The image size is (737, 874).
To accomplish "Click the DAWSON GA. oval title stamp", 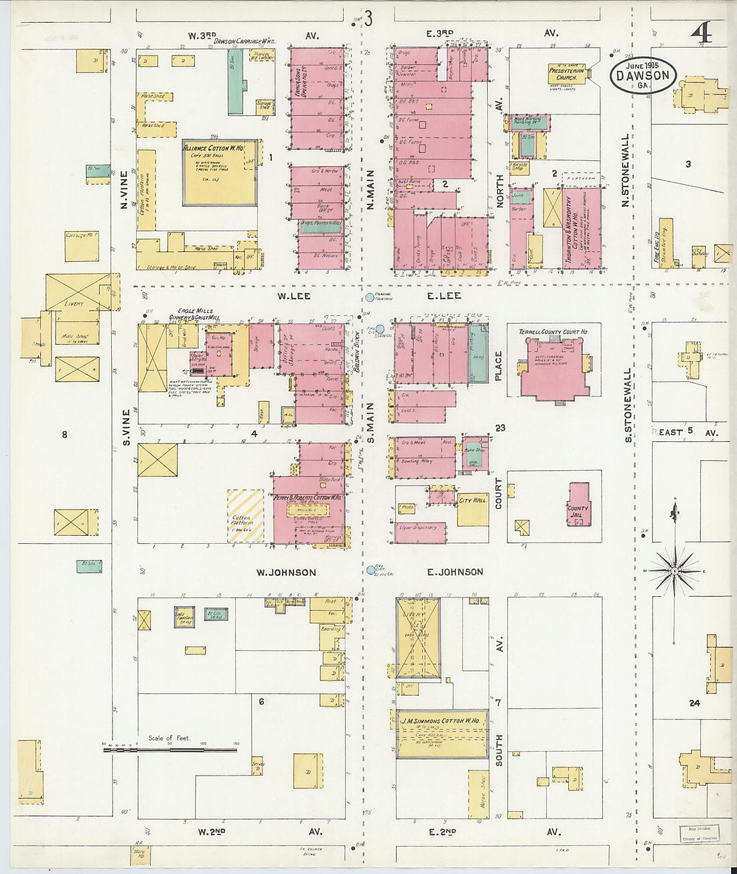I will click(643, 74).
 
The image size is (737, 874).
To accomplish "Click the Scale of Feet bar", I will click(170, 749).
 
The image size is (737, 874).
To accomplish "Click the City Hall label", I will click(473, 500).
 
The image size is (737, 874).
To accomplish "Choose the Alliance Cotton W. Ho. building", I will click(220, 172).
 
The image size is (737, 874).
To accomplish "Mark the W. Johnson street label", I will click(286, 572).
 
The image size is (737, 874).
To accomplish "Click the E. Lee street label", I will click(444, 295).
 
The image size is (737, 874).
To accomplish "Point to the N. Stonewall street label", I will click(625, 170).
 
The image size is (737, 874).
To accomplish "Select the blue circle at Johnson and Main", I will click(371, 571).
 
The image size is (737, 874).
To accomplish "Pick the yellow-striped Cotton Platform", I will click(245, 516).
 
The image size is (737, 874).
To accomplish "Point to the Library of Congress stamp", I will click(699, 833).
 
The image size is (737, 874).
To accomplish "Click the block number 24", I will click(693, 703).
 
